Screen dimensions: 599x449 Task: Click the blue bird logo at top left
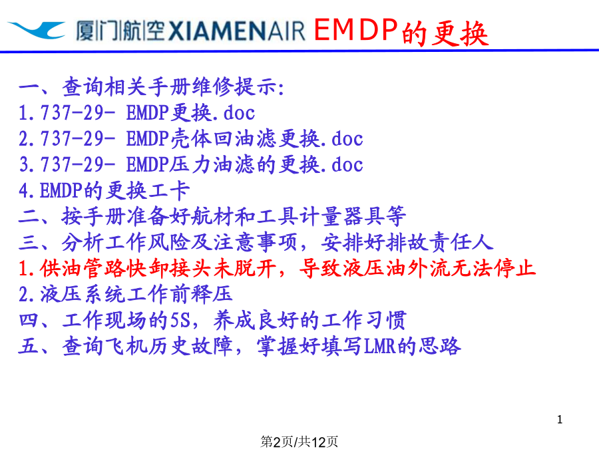click(x=37, y=30)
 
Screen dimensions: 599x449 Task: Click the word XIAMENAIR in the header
click(x=236, y=31)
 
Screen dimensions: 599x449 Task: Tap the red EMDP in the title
click(x=355, y=30)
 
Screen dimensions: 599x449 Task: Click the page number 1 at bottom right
click(x=560, y=419)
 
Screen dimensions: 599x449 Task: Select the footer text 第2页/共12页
click(x=299, y=442)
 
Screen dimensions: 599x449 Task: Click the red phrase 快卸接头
click(x=170, y=268)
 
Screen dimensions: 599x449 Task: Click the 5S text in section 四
click(x=180, y=321)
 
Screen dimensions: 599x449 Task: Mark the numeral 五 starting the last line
click(x=29, y=347)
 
